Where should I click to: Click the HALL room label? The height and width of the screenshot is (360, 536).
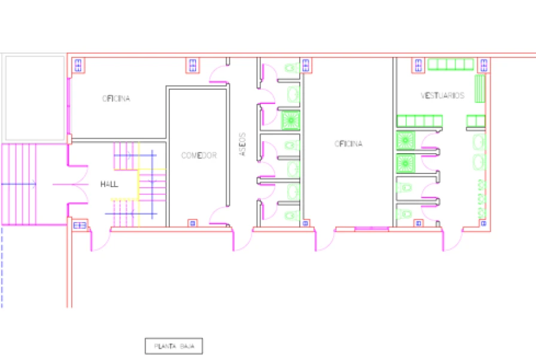click(x=109, y=184)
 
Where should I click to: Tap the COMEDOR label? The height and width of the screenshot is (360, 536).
click(x=199, y=155)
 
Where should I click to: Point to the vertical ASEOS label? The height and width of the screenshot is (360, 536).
click(x=242, y=145)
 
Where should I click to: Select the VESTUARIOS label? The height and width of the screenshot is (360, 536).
click(x=442, y=96)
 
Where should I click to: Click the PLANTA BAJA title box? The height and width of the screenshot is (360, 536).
click(x=173, y=346)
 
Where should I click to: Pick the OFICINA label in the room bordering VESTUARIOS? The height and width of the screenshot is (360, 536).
click(x=348, y=144)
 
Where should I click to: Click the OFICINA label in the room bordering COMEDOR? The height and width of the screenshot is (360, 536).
click(x=116, y=99)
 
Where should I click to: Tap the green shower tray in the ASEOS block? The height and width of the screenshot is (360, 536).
click(x=291, y=120)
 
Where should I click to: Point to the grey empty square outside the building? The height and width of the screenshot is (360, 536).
click(x=35, y=98)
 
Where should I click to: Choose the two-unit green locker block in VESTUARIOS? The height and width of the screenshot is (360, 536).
click(x=476, y=121)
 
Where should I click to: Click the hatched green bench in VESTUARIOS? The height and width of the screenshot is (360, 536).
click(x=479, y=89)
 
